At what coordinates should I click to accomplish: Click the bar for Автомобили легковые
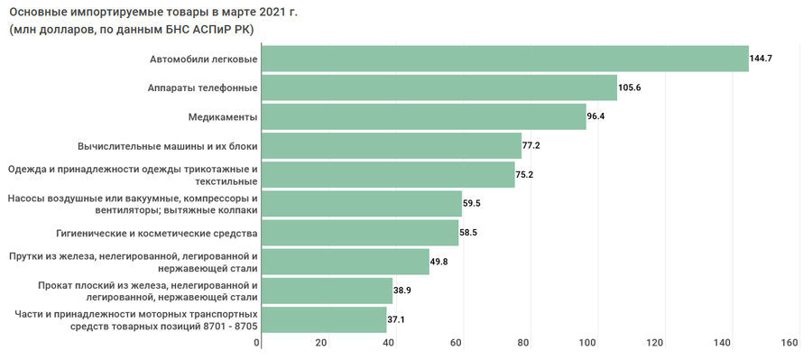[x=505, y=59]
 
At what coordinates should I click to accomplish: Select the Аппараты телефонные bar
[x=439, y=88]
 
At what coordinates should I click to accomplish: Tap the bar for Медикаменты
[x=424, y=116]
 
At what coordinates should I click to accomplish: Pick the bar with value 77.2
[x=392, y=145]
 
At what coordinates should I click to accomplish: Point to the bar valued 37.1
[x=324, y=319]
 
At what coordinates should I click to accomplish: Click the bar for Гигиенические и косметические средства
[x=360, y=233]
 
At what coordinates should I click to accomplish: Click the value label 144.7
[x=761, y=59]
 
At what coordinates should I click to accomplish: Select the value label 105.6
[x=630, y=88]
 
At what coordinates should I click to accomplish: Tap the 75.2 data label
[x=524, y=174]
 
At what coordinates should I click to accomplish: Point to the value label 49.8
[x=438, y=262]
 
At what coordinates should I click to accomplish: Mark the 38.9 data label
[x=401, y=291]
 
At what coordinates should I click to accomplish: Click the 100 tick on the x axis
[x=590, y=342]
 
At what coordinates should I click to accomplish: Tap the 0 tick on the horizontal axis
[x=257, y=342]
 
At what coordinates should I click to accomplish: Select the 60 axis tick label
[x=456, y=342]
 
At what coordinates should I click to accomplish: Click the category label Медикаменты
[x=223, y=117]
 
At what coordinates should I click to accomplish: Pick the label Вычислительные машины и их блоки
[x=168, y=146]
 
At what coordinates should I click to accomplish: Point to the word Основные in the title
[x=33, y=13]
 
